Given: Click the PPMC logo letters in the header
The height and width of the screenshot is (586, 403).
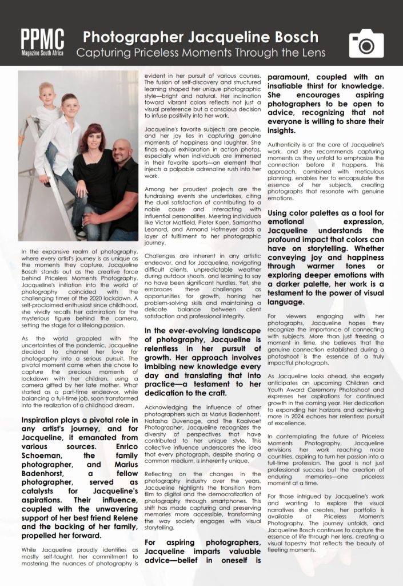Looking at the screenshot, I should click(43, 38).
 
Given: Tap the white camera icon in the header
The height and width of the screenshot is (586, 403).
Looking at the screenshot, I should click(366, 43).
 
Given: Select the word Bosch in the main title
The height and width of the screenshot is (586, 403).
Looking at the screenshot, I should click(295, 38).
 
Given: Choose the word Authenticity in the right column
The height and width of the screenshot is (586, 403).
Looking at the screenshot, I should click(289, 146).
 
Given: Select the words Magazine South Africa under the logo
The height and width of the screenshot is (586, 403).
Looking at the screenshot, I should click(42, 53).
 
